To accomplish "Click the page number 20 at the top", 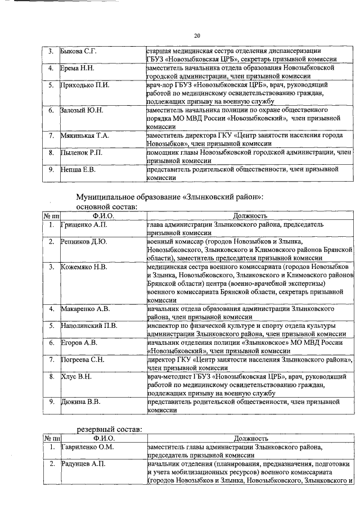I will click(197, 35).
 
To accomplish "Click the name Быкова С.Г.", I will click(79, 52).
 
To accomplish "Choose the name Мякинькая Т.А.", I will click(85, 136).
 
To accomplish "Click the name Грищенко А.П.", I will click(83, 224).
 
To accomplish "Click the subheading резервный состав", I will click(109, 429).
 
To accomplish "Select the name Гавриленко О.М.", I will click(87, 447).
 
